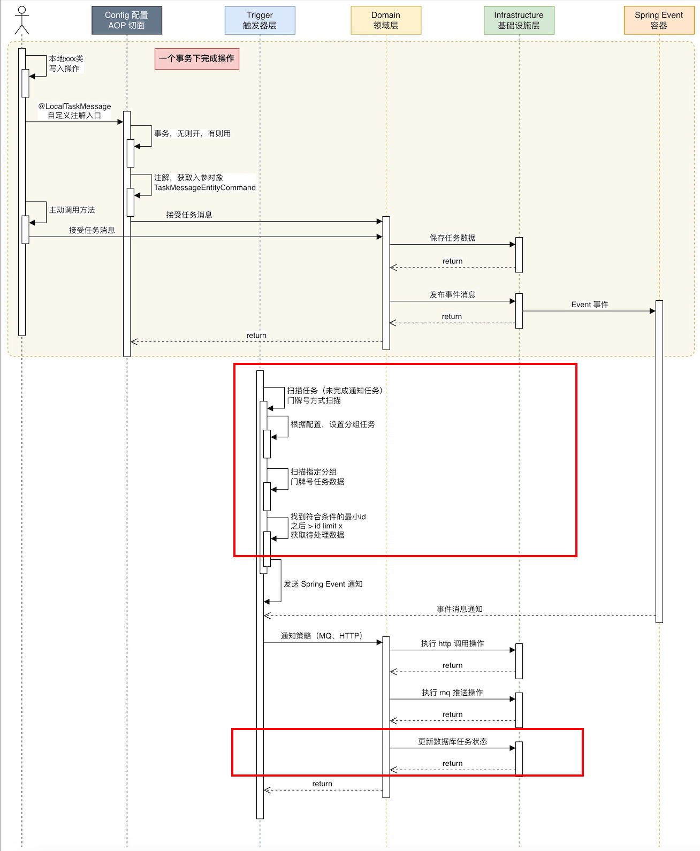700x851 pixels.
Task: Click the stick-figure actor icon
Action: click(22, 20)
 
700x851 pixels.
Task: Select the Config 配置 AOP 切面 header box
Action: click(127, 20)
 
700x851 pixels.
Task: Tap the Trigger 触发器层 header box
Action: click(260, 20)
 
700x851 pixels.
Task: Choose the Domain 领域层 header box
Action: click(386, 20)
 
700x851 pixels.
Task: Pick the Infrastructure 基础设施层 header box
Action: click(519, 20)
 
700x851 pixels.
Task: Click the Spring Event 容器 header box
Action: click(659, 20)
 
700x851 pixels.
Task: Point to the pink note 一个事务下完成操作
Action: click(197, 58)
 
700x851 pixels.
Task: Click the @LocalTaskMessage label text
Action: click(74, 106)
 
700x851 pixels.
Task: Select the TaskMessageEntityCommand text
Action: click(205, 188)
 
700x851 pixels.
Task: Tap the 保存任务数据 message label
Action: click(452, 238)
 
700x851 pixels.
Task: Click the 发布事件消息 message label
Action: click(452, 294)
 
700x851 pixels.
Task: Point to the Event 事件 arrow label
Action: click(589, 304)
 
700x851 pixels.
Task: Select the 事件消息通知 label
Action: click(460, 609)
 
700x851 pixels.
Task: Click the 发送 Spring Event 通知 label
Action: click(323, 584)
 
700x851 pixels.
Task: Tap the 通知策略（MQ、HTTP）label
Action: click(322, 635)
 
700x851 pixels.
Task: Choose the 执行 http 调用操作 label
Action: click(452, 643)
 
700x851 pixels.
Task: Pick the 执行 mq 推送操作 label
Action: click(452, 693)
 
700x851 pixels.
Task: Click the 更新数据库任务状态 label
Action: click(452, 741)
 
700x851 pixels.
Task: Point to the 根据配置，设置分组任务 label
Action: click(333, 424)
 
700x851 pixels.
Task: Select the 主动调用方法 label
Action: click(72, 210)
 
